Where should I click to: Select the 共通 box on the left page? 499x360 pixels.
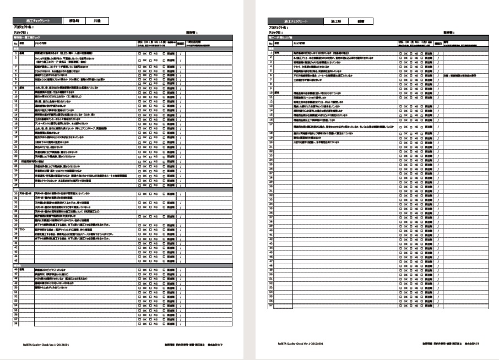(x=96, y=20)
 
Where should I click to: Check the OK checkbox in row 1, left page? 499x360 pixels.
(x=139, y=53)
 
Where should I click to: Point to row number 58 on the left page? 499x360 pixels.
(x=16, y=323)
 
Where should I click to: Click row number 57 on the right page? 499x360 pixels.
(x=271, y=306)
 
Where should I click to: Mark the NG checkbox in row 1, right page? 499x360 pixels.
(x=411, y=53)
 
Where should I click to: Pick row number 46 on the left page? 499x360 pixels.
(x=16, y=269)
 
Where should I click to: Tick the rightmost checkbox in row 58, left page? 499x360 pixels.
(x=164, y=323)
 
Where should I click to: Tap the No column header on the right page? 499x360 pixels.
(x=271, y=42)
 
